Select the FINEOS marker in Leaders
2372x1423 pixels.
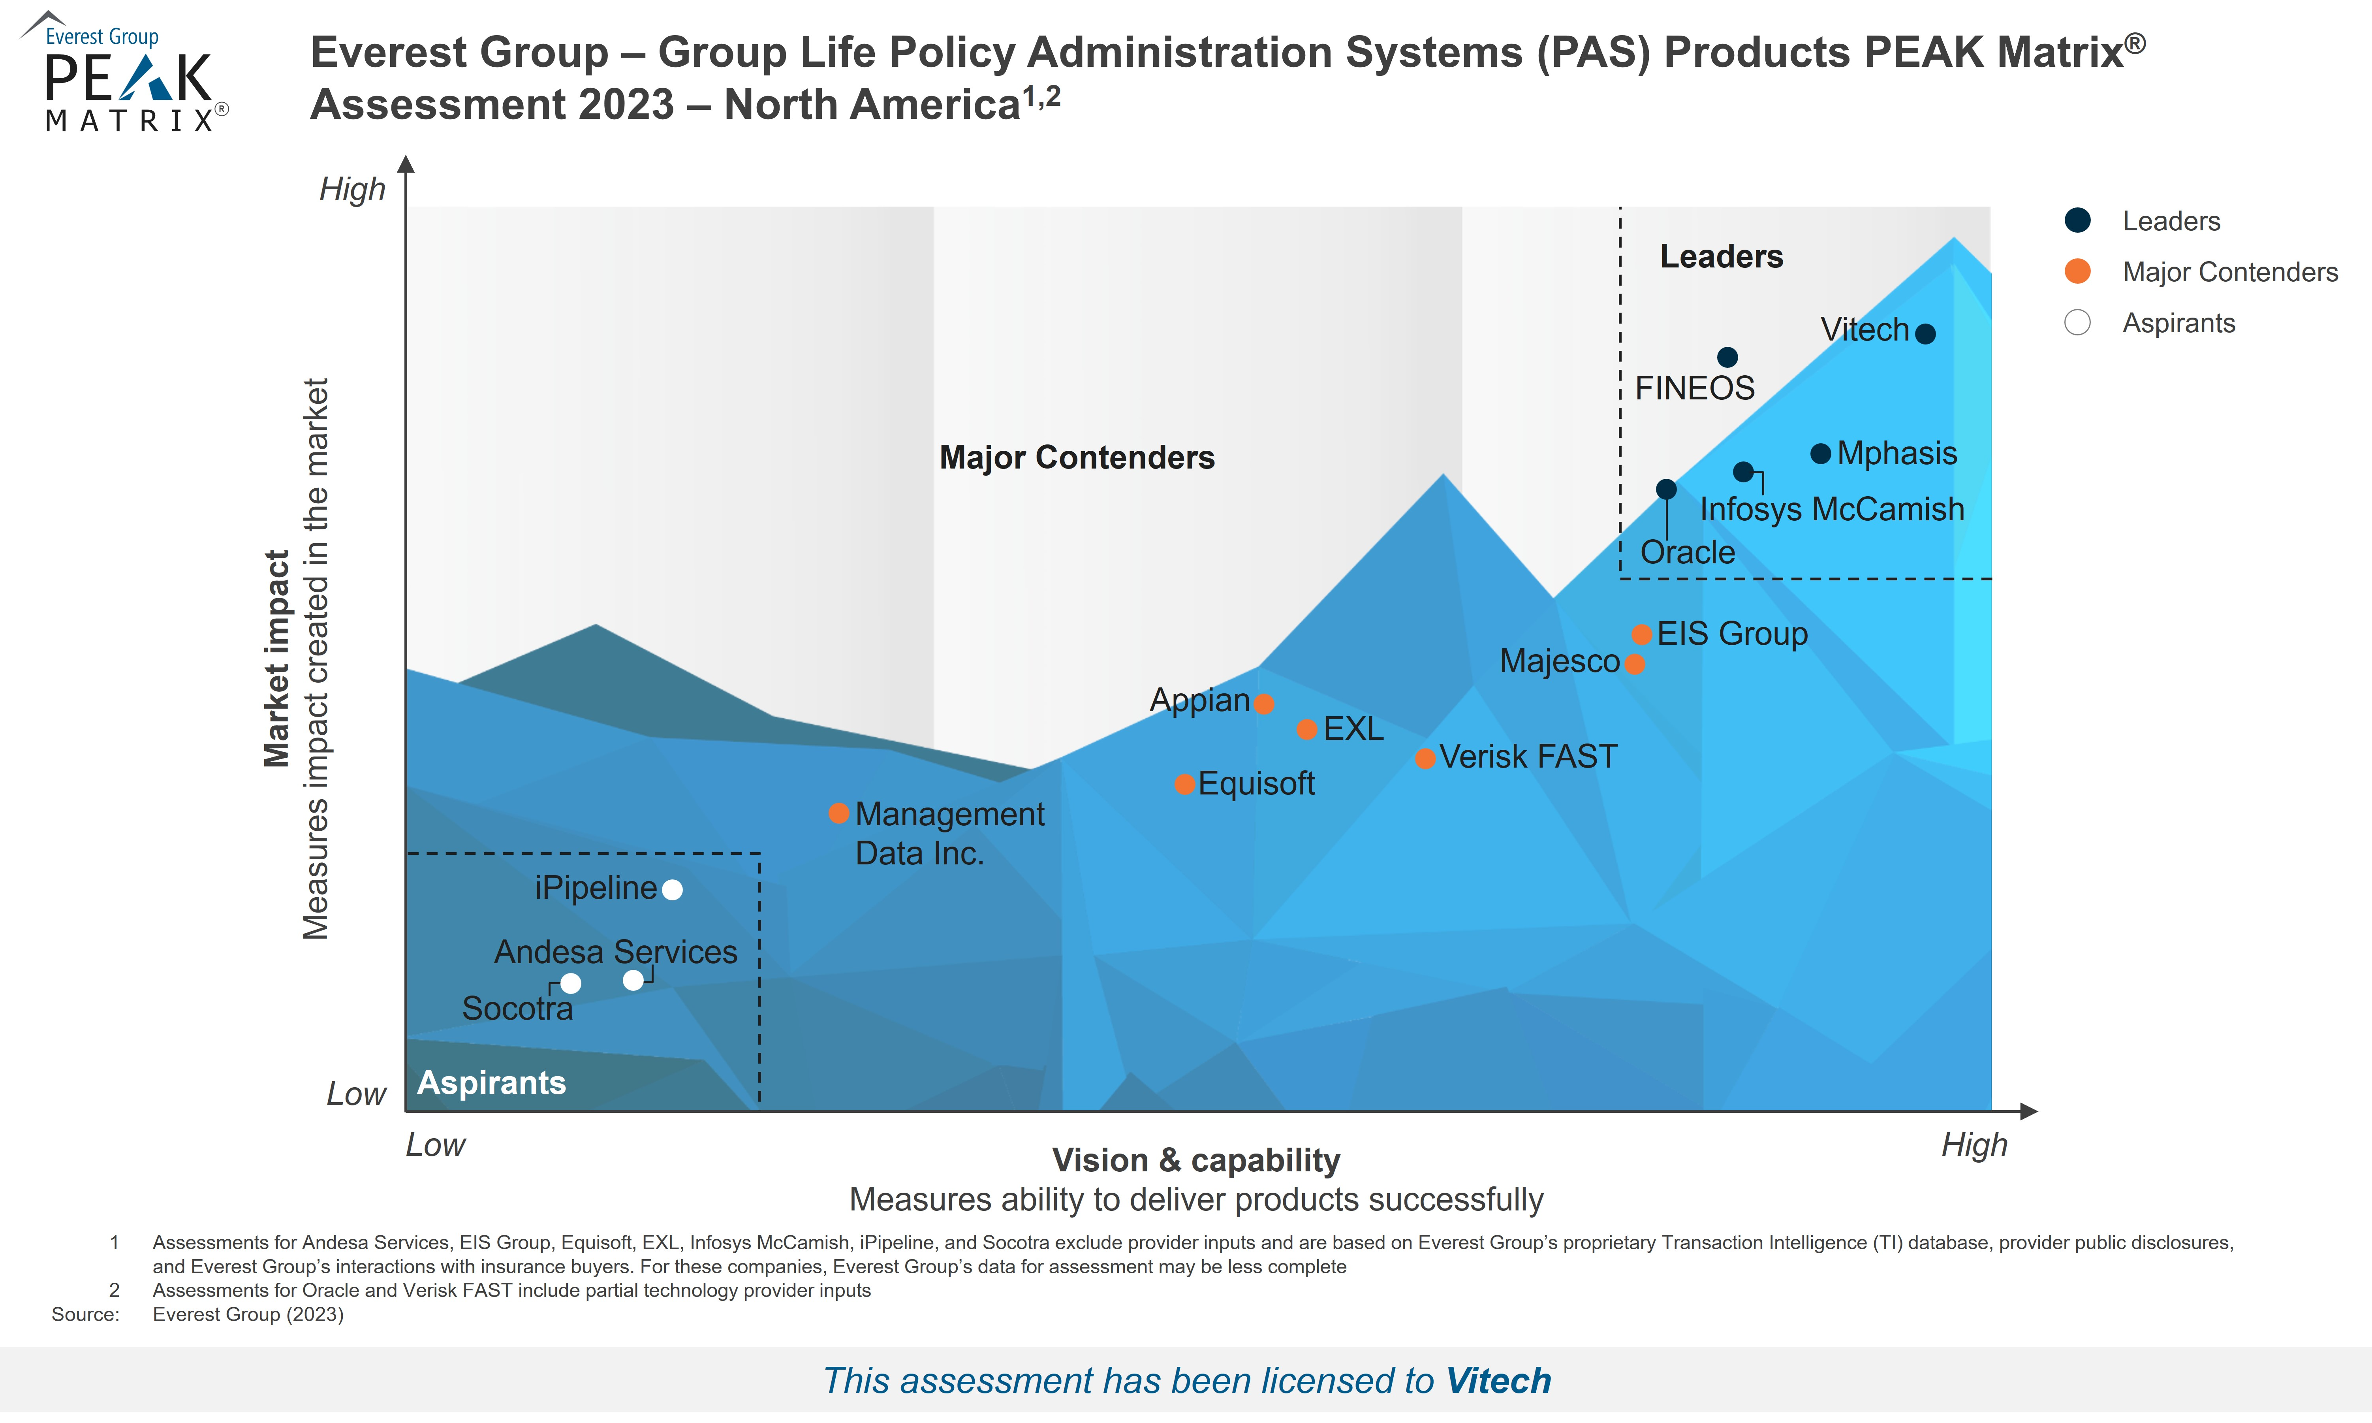click(1727, 358)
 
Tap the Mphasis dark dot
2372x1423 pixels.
click(1820, 454)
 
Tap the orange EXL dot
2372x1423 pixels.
click(1306, 730)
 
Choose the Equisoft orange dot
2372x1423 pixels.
click(1184, 784)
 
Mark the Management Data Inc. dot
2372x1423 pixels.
click(838, 813)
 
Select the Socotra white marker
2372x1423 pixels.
click(570, 984)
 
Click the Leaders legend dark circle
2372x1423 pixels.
click(2077, 220)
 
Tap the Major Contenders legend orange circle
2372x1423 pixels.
click(2077, 271)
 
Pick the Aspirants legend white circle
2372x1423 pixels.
click(2077, 322)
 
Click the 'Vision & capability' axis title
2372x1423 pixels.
click(1195, 1160)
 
